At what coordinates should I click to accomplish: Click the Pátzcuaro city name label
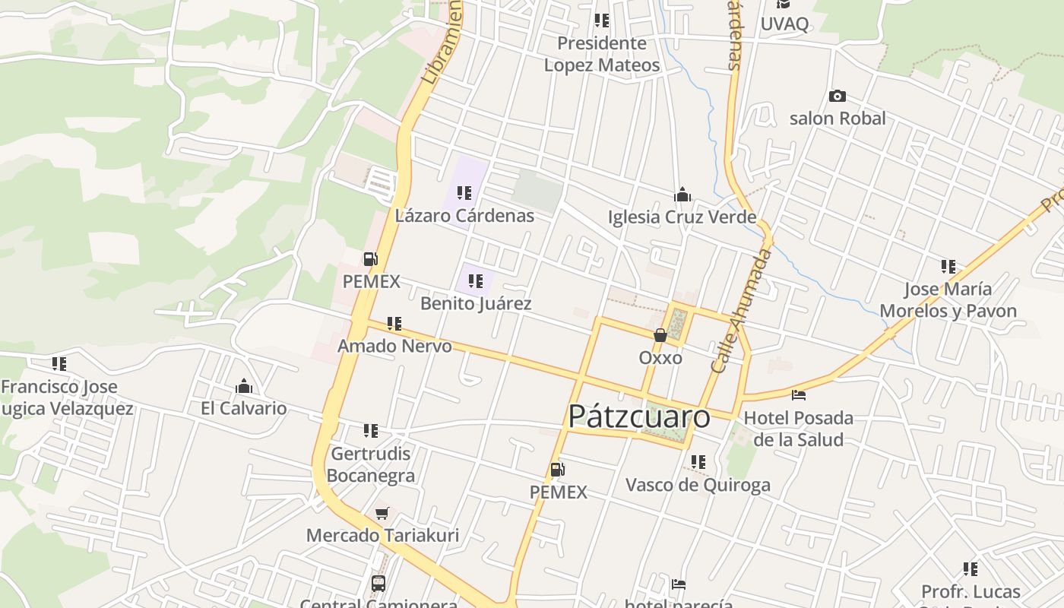pyautogui.click(x=639, y=416)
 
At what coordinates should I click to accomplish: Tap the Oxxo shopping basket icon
pyautogui.click(x=660, y=335)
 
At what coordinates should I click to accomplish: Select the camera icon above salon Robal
pyautogui.click(x=837, y=97)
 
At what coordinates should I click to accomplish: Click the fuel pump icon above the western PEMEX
pyautogui.click(x=370, y=259)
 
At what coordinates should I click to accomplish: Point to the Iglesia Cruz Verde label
pyautogui.click(x=682, y=217)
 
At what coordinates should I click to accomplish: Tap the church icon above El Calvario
pyautogui.click(x=244, y=386)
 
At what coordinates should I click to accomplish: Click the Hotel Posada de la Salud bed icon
pyautogui.click(x=798, y=395)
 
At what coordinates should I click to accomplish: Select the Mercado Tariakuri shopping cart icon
pyautogui.click(x=382, y=514)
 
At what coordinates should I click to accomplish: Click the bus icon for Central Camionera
pyautogui.click(x=378, y=584)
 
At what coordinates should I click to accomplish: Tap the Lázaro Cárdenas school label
pyautogui.click(x=464, y=216)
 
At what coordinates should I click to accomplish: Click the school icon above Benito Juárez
pyautogui.click(x=476, y=282)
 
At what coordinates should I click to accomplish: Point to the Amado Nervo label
pyautogui.click(x=394, y=347)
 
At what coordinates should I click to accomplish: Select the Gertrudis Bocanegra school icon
pyautogui.click(x=371, y=432)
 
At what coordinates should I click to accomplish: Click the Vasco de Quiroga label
pyautogui.click(x=698, y=485)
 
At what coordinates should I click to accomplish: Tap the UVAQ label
pyautogui.click(x=784, y=24)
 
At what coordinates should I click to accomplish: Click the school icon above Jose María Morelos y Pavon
pyautogui.click(x=948, y=267)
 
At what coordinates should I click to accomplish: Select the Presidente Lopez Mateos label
pyautogui.click(x=601, y=54)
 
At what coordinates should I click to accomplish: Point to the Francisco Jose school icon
pyautogui.click(x=59, y=364)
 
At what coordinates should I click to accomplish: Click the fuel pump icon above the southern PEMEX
pyautogui.click(x=557, y=470)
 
